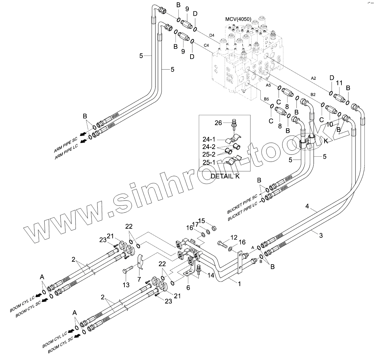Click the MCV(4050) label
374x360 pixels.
(x=238, y=19)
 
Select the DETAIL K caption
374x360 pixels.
(x=225, y=176)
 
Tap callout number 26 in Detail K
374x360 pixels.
(x=218, y=123)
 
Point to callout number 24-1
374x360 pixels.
(x=209, y=139)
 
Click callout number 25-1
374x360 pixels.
(x=209, y=162)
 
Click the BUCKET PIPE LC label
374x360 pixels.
(x=242, y=213)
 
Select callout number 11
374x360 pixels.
(x=339, y=83)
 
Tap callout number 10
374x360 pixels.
(x=330, y=124)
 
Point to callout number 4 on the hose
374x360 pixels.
(x=307, y=206)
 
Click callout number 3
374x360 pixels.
(x=321, y=236)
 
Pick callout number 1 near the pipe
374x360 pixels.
(x=239, y=283)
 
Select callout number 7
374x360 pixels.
(x=139, y=279)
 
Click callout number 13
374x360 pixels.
(x=126, y=285)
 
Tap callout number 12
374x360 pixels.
(x=234, y=237)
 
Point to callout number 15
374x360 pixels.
(x=202, y=221)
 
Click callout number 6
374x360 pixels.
(x=188, y=288)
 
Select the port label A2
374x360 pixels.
(x=313, y=78)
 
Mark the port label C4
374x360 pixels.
(x=206, y=46)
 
